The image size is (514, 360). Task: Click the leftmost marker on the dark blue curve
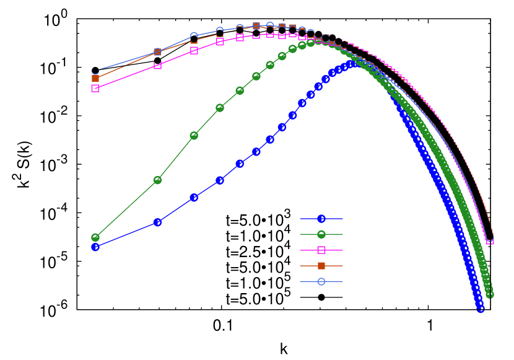tap(95, 247)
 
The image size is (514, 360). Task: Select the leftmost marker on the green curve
tap(95, 237)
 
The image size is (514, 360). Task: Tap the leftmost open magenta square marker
tap(95, 88)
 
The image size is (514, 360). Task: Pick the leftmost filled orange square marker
tap(95, 79)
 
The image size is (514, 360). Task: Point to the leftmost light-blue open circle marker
tap(95, 71)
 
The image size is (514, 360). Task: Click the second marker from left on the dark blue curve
tap(157, 222)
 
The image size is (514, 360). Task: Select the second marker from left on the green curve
tap(157, 180)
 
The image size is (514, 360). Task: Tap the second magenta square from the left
tap(157, 65)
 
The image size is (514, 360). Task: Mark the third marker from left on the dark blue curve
tap(194, 197)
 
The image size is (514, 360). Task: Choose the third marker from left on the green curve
tap(194, 135)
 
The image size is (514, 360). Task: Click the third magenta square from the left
tap(194, 50)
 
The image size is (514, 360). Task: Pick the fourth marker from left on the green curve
tap(220, 108)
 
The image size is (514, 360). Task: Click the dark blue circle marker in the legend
tap(321, 219)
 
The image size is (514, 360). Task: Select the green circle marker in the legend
tap(321, 234)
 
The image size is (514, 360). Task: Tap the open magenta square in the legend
tap(321, 250)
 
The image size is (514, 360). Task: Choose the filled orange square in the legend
tap(321, 266)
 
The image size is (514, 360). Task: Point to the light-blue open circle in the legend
tap(321, 281)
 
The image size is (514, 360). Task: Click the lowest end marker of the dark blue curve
tap(481, 309)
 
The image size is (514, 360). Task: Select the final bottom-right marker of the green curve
tap(490, 294)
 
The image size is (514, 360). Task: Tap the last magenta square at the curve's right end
tap(490, 241)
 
